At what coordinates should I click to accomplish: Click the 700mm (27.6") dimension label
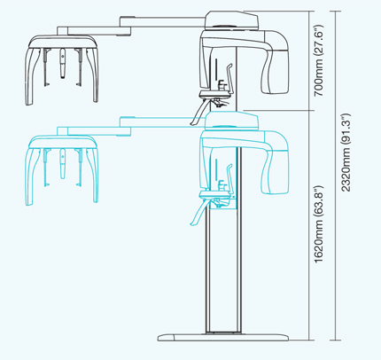(x=319, y=61)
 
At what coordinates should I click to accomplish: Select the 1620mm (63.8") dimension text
(x=319, y=224)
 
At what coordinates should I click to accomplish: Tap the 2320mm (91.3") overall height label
(x=346, y=153)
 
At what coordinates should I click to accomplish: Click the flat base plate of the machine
(x=223, y=338)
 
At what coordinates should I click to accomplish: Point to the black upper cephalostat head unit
(x=62, y=69)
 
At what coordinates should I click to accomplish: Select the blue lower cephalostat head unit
(x=62, y=170)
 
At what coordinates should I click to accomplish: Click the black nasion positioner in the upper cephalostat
(x=62, y=63)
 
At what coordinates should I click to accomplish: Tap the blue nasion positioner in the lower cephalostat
(x=62, y=163)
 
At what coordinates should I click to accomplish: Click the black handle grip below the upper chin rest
(x=198, y=113)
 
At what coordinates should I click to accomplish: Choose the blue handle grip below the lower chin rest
(x=198, y=214)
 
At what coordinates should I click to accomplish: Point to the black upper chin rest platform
(x=215, y=95)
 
